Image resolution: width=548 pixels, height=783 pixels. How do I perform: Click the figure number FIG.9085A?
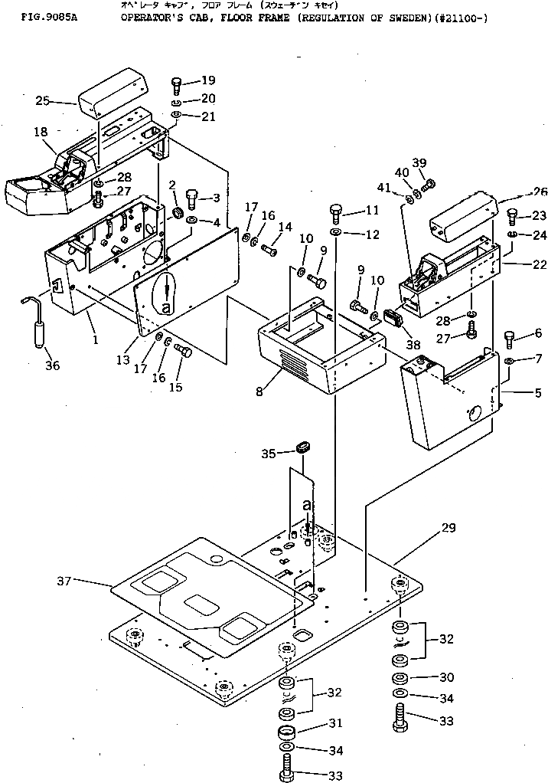[x=30, y=15]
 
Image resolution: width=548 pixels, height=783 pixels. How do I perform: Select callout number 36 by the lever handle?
[x=52, y=365]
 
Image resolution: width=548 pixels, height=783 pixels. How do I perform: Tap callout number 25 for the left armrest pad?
[x=43, y=100]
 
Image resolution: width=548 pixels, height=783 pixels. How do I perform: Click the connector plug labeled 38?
[x=393, y=319]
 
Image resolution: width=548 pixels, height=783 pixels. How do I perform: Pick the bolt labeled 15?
[x=183, y=350]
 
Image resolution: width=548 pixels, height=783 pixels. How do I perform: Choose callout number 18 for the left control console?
[x=41, y=133]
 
